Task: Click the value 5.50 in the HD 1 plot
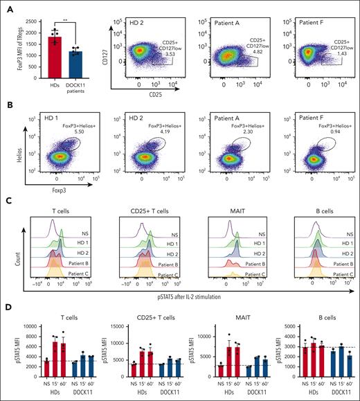pyautogui.click(x=67, y=131)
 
